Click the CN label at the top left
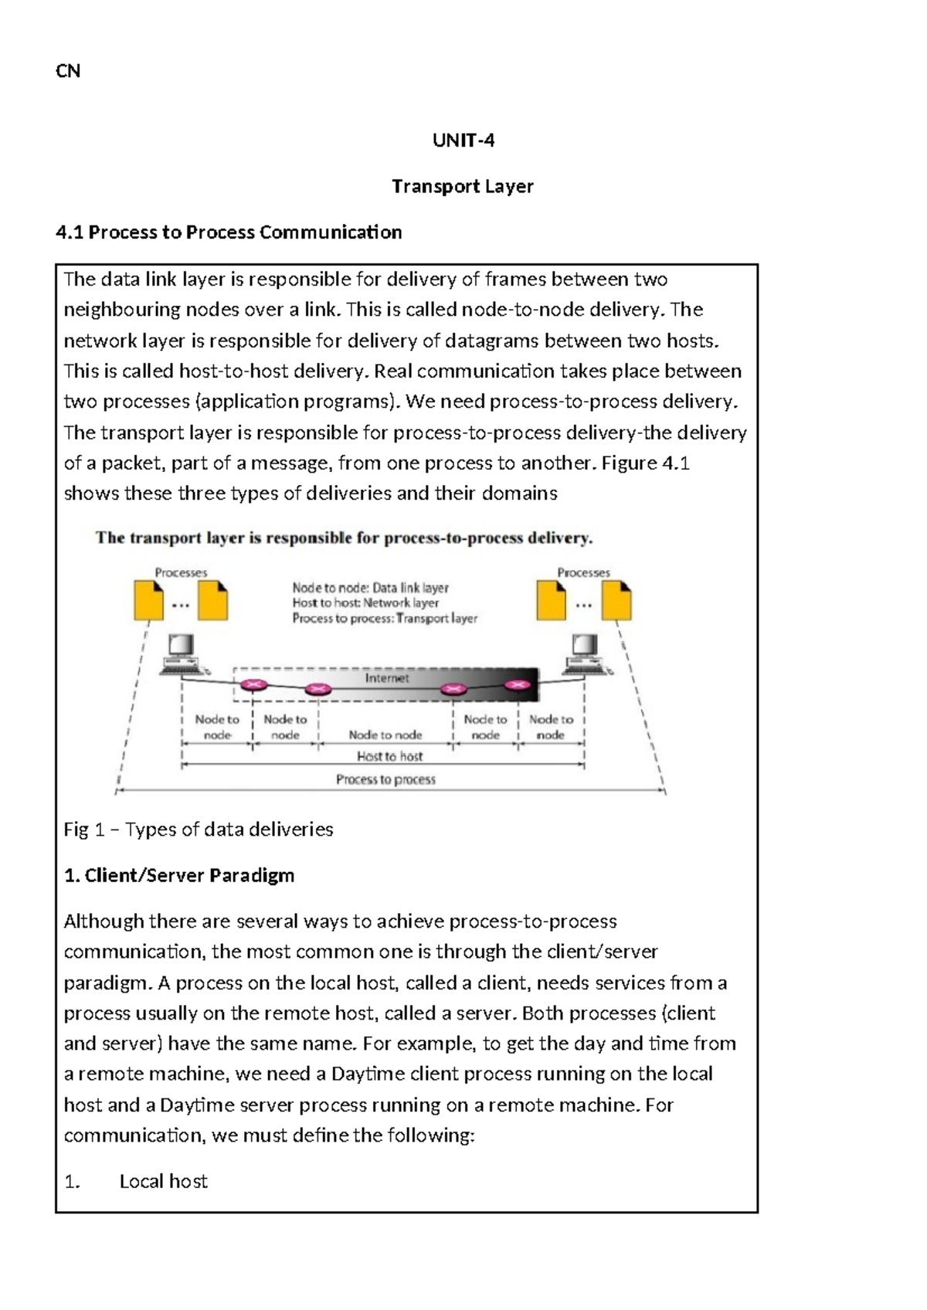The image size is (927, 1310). point(68,71)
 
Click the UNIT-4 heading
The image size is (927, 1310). point(463,140)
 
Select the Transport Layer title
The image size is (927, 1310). point(462,186)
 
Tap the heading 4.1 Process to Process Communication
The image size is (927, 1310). point(229,232)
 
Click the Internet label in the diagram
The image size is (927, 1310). point(386,677)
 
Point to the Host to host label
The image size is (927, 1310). point(389,756)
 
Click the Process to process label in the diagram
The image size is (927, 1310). point(385,779)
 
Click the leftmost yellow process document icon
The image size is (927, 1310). point(148,600)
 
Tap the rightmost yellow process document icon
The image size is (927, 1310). point(616,600)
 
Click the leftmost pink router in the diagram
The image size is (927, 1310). point(253,684)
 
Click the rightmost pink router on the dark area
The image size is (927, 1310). point(518,684)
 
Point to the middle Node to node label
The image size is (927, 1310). point(385,735)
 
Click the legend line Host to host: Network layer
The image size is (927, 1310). point(365,602)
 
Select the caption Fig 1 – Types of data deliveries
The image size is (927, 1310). point(199,829)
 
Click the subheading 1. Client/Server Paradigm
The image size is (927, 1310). point(178,875)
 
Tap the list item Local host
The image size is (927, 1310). point(163,1181)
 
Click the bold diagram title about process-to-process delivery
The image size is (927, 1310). point(344,538)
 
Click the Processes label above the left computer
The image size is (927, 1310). point(181,572)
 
